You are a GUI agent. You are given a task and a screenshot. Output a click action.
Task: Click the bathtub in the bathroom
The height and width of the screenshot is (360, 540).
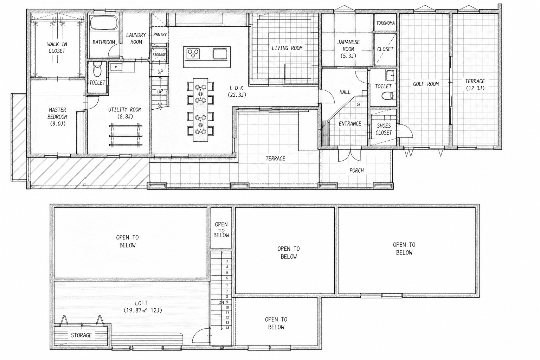click(x=104, y=22)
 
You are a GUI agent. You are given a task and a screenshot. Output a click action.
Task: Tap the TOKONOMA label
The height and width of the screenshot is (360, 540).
click(x=385, y=23)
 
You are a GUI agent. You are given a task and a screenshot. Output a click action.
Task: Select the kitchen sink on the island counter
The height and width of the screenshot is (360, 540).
click(x=220, y=53)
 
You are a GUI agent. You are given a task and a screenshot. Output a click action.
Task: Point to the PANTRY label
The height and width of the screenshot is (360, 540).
click(x=160, y=34)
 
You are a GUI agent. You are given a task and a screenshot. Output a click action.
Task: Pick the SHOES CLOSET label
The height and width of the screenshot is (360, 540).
click(x=384, y=129)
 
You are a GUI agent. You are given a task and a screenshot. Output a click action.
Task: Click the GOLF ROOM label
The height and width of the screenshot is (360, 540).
click(x=426, y=84)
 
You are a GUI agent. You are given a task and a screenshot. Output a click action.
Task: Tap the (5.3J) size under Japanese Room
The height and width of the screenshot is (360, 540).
click(x=348, y=56)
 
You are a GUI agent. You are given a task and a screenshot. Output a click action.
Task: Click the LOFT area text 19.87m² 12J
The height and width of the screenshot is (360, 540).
click(x=143, y=310)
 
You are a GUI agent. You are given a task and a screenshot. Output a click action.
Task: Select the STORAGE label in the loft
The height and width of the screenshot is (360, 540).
click(x=81, y=335)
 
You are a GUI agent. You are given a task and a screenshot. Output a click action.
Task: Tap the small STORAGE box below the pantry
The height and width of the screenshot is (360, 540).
click(x=159, y=55)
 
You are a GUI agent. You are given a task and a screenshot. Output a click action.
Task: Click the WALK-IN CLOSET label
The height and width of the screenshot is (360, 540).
click(x=57, y=47)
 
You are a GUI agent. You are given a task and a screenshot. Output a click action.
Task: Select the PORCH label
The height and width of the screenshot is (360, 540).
click(x=356, y=171)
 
